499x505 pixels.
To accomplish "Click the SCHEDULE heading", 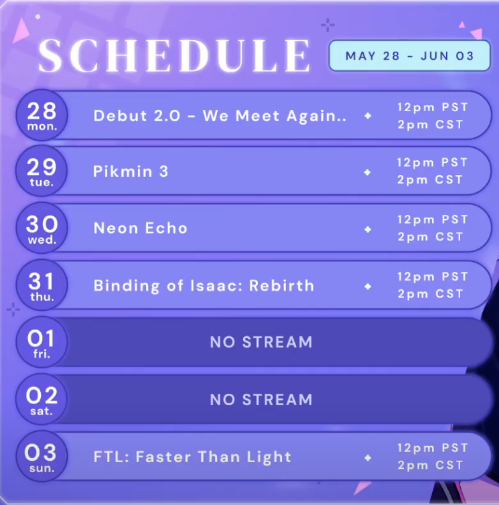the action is [174, 56].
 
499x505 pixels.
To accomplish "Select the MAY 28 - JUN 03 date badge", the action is [409, 56].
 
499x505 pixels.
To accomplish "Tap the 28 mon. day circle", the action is [42, 115].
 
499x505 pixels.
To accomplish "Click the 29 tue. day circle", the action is [42, 171].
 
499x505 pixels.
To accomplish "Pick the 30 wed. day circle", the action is [42, 228].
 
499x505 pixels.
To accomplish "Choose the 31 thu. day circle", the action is [42, 285].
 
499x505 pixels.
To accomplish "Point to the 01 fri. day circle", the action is [42, 342].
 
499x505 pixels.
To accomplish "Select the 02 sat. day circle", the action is [42, 399].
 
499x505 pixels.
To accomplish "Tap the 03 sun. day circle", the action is [42, 456].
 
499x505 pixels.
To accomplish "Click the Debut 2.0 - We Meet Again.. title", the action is [220, 116].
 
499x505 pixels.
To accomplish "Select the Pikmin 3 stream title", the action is [131, 171].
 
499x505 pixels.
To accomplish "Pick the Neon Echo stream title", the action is [141, 228].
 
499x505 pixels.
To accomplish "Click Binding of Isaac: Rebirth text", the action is [204, 286].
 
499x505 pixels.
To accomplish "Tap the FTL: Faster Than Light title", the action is [192, 457].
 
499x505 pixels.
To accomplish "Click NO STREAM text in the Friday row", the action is [261, 342].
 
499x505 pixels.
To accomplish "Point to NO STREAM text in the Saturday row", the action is [261, 400].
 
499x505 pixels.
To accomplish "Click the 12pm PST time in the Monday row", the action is [433, 107].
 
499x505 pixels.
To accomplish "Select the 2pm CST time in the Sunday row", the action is [431, 465].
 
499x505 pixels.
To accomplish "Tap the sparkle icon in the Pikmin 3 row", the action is [367, 172].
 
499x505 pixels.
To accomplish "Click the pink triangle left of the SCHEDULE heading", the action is [21, 30].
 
